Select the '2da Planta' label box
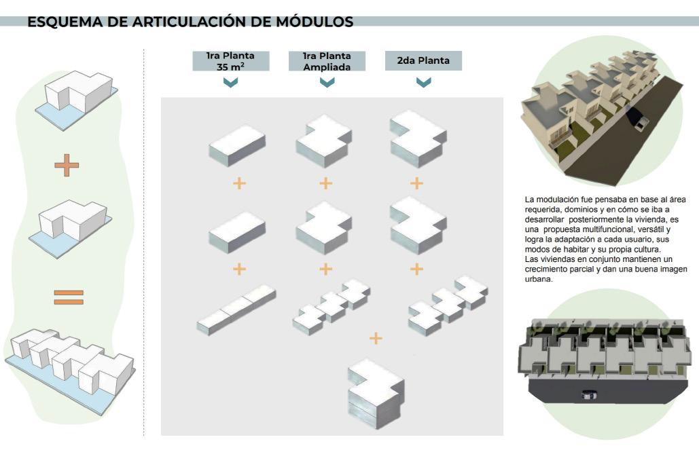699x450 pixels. coord(423,60)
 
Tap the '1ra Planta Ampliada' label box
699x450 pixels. coord(327,60)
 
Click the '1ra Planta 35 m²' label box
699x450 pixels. coord(231,60)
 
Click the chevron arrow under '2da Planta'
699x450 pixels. coord(423,82)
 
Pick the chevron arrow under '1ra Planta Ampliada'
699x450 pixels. coord(327,82)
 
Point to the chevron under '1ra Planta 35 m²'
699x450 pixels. coord(231,82)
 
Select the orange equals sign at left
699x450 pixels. coord(68,297)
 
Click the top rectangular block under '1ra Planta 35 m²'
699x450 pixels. coord(237,144)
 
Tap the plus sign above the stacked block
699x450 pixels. coord(375,337)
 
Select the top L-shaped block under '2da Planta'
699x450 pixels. coord(417,138)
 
